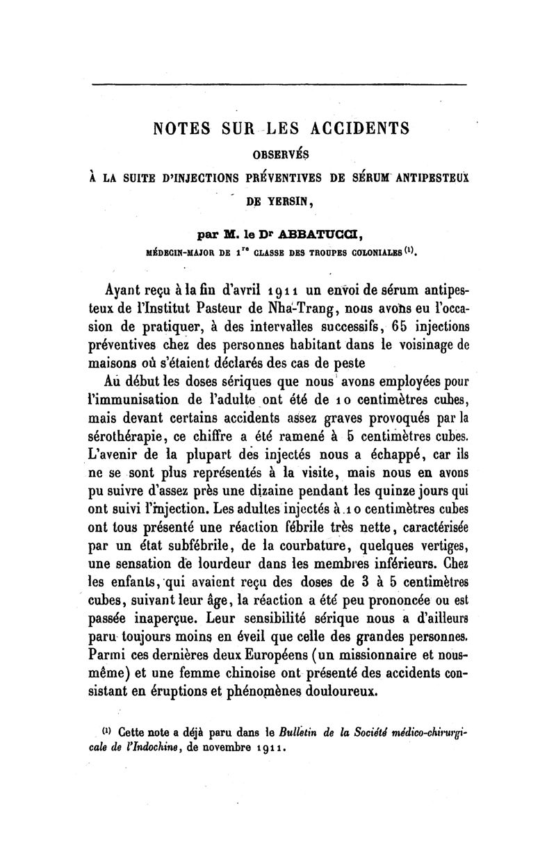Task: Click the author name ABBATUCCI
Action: [334, 233]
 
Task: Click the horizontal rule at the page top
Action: [278, 85]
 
